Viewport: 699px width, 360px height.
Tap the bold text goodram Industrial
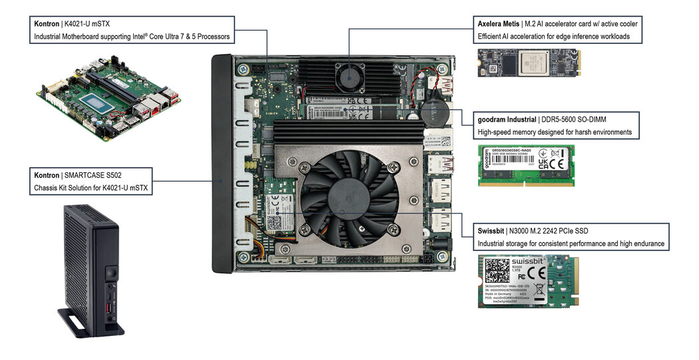click(505, 120)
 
